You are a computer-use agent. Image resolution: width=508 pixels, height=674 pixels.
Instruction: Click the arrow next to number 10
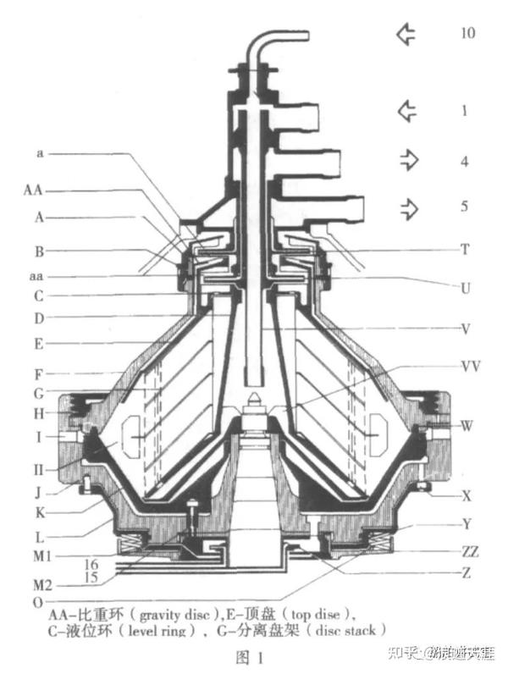click(407, 34)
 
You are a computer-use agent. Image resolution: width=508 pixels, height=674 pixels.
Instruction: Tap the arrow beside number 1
click(407, 111)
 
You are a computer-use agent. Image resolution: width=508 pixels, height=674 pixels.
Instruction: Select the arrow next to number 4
click(409, 161)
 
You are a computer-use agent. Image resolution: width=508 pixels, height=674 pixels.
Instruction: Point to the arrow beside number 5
click(409, 207)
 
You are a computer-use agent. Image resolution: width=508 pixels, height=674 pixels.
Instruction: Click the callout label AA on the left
click(34, 191)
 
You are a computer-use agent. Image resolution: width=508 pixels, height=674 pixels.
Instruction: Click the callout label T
click(465, 249)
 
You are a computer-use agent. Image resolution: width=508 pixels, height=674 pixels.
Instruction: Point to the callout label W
click(467, 424)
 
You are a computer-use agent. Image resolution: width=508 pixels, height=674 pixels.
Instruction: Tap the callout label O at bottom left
click(36, 601)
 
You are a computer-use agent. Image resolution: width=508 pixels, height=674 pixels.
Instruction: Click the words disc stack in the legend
click(346, 631)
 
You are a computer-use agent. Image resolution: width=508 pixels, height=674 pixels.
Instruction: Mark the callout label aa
click(38, 276)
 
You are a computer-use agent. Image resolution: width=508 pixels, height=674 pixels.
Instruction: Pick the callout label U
click(465, 288)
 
